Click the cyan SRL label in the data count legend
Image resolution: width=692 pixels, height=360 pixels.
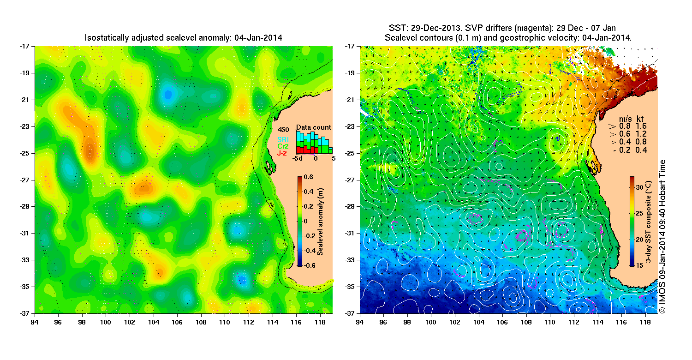coord(283,139)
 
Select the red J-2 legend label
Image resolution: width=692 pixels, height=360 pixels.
coord(283,152)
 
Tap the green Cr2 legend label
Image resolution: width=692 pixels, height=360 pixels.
coord(283,146)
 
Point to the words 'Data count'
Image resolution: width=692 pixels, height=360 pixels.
coord(314,127)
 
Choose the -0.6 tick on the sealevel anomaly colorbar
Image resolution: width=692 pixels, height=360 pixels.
coord(310,265)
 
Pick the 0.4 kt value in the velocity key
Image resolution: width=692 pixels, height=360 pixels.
coord(642,150)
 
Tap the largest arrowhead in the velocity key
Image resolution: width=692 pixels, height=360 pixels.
coord(613,125)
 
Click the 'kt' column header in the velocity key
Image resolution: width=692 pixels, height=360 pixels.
coord(641,117)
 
